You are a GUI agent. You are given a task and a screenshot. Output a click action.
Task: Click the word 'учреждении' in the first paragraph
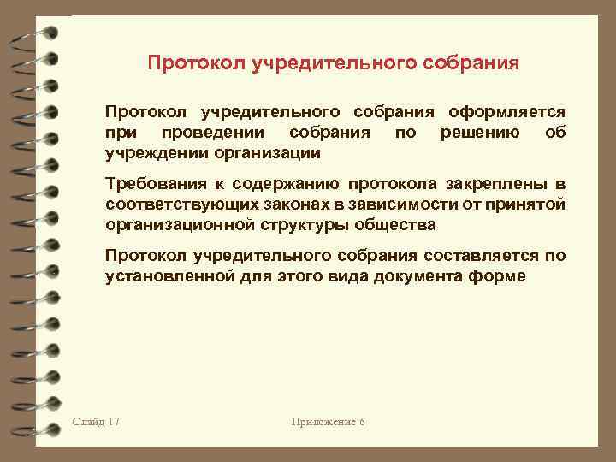click(149, 153)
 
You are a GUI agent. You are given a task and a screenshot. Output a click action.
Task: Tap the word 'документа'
click(419, 276)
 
